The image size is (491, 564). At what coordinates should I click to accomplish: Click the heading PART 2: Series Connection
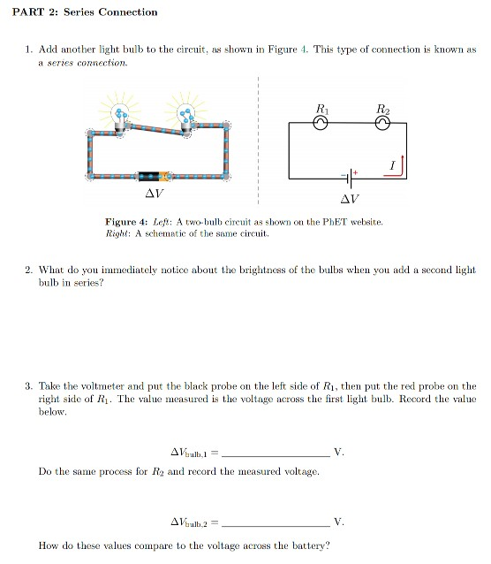coord(81,12)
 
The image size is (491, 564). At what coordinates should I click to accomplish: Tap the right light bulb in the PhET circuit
coord(186,114)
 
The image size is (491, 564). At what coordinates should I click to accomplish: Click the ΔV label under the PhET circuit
coord(154,192)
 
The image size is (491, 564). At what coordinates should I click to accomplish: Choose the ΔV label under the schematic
coord(350,198)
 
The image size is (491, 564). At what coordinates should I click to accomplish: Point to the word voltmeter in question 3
coord(97,386)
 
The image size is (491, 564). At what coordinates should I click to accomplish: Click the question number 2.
coord(28,270)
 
